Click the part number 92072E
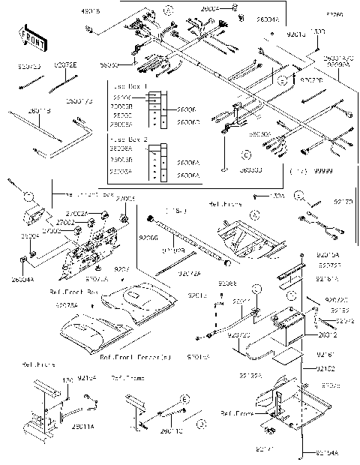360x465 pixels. [x=64, y=66]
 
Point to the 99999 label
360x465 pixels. [x=324, y=172]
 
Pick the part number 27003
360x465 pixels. [x=127, y=198]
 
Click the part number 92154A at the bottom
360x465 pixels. [x=327, y=454]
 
